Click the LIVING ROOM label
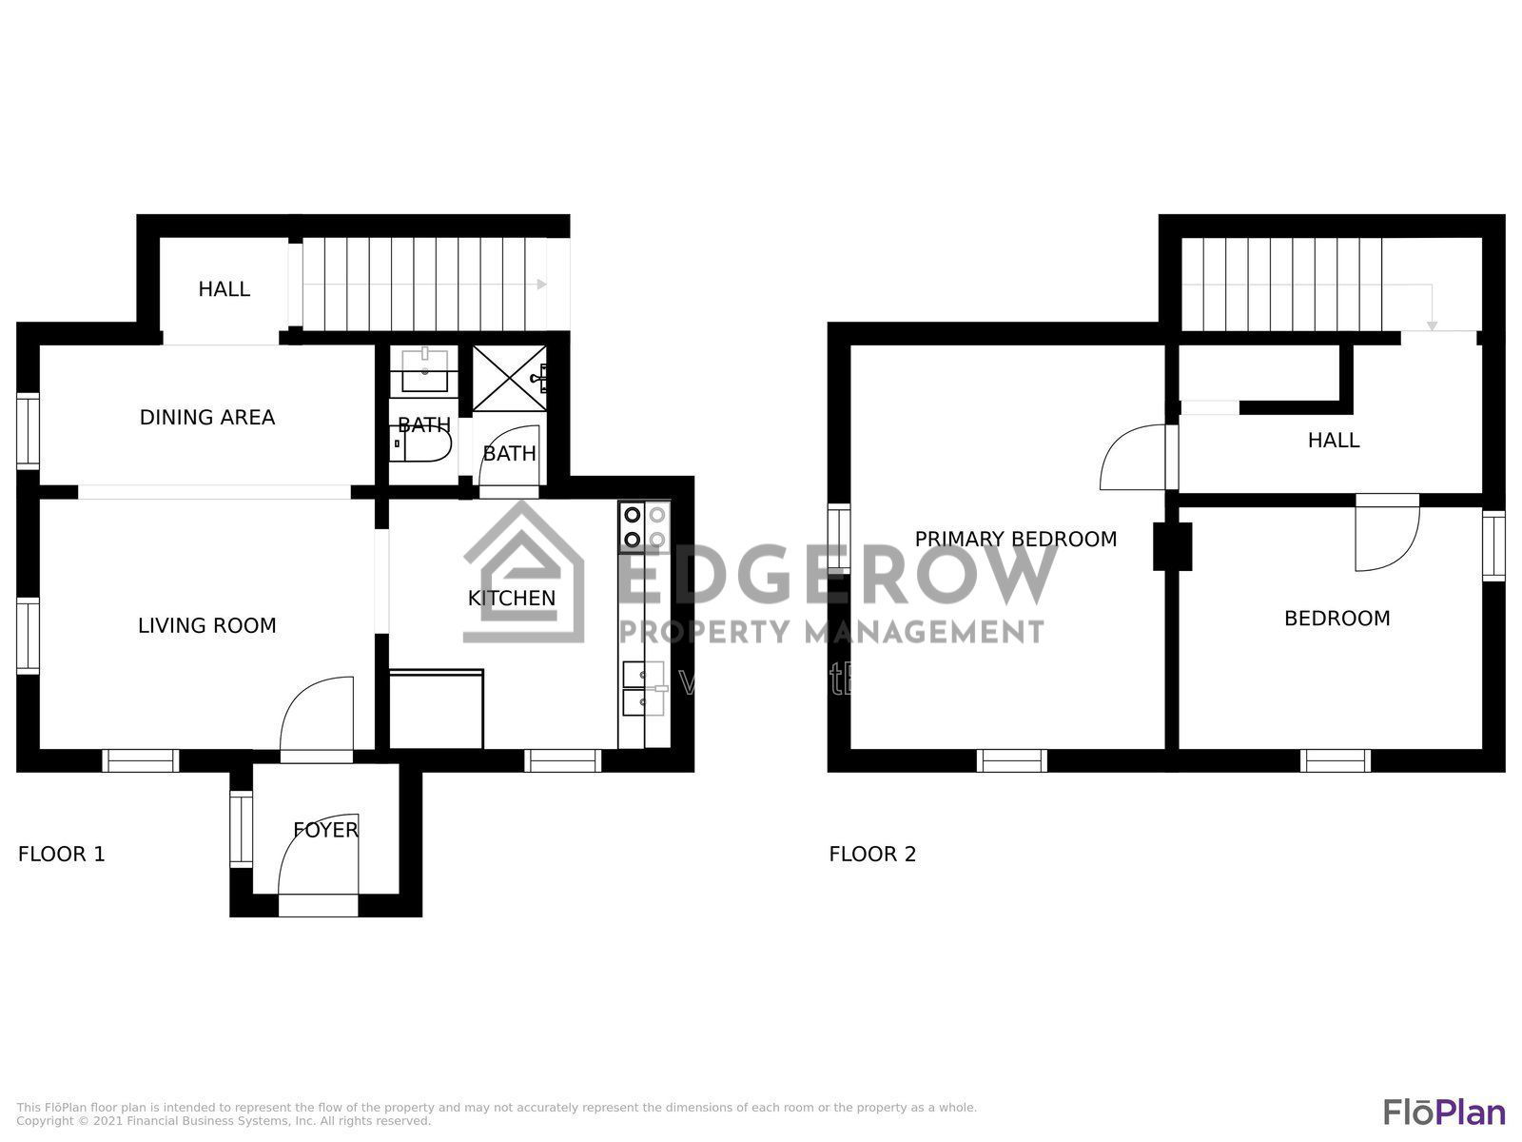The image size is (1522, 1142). coord(207,625)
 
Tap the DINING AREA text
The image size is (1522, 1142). coord(207,417)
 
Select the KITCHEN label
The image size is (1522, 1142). coord(512,598)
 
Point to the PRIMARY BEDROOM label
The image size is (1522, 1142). coord(1015,539)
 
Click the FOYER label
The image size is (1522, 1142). coord(325,829)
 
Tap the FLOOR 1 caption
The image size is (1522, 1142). coord(62,854)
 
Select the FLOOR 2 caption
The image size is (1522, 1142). coord(872,854)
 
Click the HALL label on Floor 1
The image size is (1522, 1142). coord(224,288)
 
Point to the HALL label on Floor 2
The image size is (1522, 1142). coord(1333,440)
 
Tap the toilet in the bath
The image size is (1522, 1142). coord(422,447)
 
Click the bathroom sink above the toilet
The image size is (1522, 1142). coord(424,370)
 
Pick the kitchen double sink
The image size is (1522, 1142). coord(644,688)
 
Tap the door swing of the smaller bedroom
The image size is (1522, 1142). coord(1387,536)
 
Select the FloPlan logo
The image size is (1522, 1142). coord(1443,1112)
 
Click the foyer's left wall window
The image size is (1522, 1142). coord(242,828)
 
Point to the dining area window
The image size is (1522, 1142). coord(29,430)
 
